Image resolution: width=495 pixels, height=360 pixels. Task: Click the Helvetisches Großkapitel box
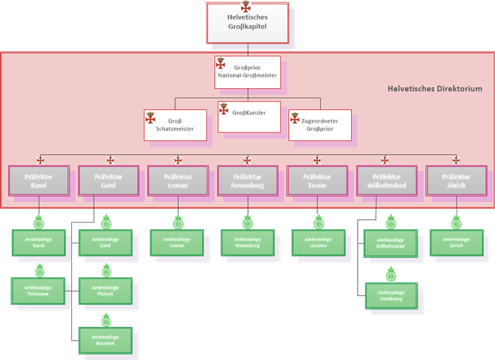247,24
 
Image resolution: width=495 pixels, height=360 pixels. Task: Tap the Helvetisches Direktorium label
434,89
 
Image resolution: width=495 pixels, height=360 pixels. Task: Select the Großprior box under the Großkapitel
247,72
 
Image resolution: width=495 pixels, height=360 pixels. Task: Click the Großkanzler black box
249,117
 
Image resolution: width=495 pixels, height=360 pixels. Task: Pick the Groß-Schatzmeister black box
174,125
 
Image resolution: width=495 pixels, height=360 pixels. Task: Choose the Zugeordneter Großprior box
319,125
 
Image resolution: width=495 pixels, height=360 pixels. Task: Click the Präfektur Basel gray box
38,181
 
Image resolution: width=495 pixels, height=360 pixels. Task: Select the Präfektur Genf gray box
108,181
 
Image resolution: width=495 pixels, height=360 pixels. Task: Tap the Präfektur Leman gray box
178,181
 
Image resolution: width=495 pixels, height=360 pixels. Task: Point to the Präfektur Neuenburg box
247,181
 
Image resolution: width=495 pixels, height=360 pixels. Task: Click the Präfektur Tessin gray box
317,181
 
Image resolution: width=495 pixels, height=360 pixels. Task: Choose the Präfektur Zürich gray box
456,181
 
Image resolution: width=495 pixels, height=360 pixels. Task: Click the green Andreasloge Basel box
38,242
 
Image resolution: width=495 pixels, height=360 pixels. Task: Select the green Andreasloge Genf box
106,242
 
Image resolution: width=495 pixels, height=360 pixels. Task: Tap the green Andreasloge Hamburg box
391,295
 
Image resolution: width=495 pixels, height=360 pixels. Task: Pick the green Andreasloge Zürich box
456,242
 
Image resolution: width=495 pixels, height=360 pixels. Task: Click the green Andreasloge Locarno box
318,242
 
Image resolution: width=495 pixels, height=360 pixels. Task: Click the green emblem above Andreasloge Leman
178,221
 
